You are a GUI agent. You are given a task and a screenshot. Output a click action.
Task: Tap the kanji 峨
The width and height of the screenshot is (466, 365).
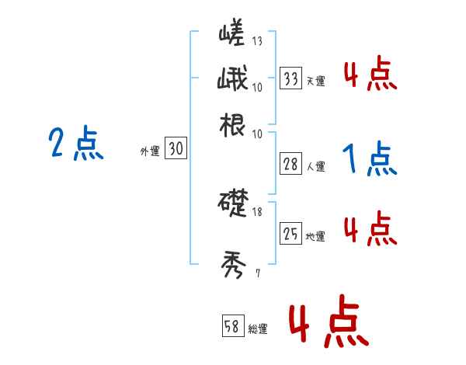click(x=233, y=79)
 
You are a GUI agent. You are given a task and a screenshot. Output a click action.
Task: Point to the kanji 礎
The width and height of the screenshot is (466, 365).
click(x=233, y=204)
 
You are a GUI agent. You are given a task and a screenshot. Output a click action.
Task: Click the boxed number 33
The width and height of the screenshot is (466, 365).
click(x=291, y=78)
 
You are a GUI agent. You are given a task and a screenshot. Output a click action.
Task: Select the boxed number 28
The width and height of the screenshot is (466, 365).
click(x=291, y=165)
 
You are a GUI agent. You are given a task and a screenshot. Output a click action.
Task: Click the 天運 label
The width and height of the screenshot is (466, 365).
click(x=315, y=81)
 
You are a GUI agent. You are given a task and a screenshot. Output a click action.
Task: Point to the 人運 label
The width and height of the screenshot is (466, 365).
click(x=315, y=166)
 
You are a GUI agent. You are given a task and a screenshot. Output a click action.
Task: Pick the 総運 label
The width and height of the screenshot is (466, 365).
click(x=258, y=329)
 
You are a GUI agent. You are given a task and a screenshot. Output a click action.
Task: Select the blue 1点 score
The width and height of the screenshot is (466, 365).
click(x=370, y=160)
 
